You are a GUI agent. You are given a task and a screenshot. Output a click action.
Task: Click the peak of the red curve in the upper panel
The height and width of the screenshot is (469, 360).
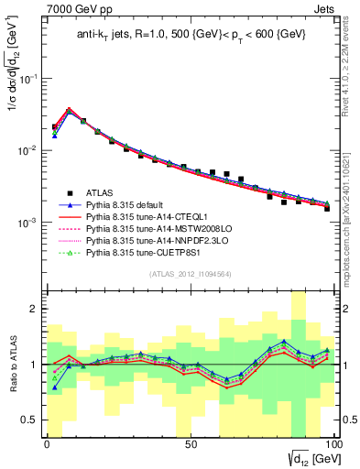tap(69, 109)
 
